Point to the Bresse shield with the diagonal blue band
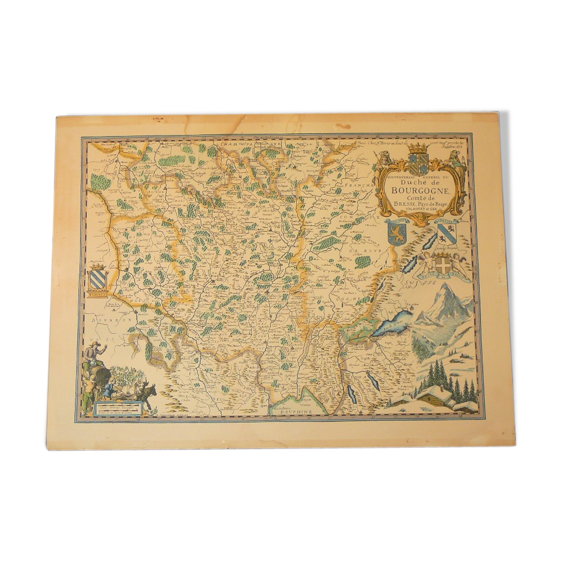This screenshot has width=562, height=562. coord(447,233)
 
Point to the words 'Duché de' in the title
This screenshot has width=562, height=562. coord(415,182)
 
